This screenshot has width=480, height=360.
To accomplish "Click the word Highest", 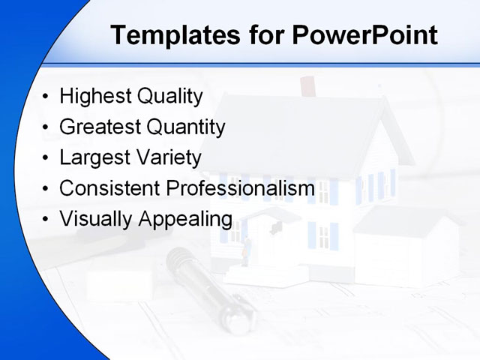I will click(94, 97).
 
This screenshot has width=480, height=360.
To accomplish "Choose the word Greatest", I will click(99, 127).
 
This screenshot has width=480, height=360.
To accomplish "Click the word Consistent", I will click(109, 188).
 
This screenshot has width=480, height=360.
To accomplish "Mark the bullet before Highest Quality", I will click(46, 97).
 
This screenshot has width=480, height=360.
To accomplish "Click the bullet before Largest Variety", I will click(46, 159).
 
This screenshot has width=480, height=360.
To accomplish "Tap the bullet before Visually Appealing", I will click(46, 220).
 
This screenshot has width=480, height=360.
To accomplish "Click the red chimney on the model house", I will click(307, 86).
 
